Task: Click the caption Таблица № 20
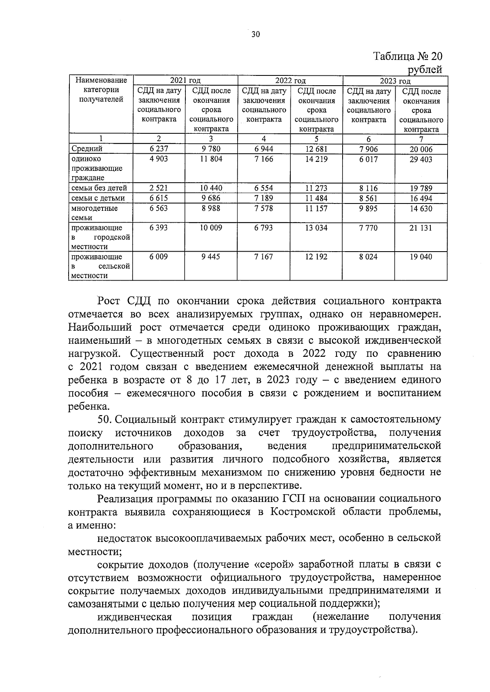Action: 408,56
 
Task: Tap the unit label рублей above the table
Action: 425,69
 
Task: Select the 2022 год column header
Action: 290,81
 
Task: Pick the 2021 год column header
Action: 185,81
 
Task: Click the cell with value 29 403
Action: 421,159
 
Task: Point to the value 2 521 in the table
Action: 159,188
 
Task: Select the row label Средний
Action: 87,149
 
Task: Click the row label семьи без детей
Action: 99,188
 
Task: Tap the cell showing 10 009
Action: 211,228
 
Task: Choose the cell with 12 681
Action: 316,149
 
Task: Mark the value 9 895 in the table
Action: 368,208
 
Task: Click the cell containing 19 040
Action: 421,257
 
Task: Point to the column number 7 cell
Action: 421,139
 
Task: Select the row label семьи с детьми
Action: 98,198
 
